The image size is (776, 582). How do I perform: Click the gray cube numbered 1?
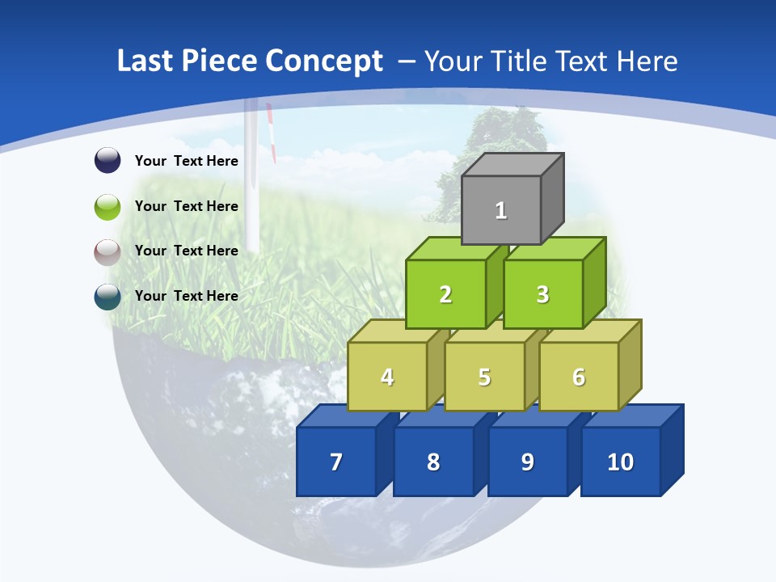501,210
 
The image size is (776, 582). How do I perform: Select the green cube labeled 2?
445,294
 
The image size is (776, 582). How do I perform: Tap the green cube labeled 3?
542,294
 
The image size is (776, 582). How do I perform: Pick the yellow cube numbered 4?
387,377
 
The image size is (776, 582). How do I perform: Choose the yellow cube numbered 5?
484,377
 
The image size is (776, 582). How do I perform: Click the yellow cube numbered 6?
579,377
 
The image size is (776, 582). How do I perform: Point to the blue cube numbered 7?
336,462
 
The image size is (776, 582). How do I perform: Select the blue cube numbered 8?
433,462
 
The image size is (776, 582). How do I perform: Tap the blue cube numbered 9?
527,462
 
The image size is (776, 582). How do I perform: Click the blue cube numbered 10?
620,462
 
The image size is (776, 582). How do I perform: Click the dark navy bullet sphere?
108,160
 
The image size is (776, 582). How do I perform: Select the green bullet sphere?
108,206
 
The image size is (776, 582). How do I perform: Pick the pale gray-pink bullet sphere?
108,251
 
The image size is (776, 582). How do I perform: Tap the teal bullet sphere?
108,297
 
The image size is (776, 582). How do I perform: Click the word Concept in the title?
323,61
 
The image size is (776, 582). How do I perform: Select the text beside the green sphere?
187,206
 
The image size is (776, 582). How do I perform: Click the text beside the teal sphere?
187,296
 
